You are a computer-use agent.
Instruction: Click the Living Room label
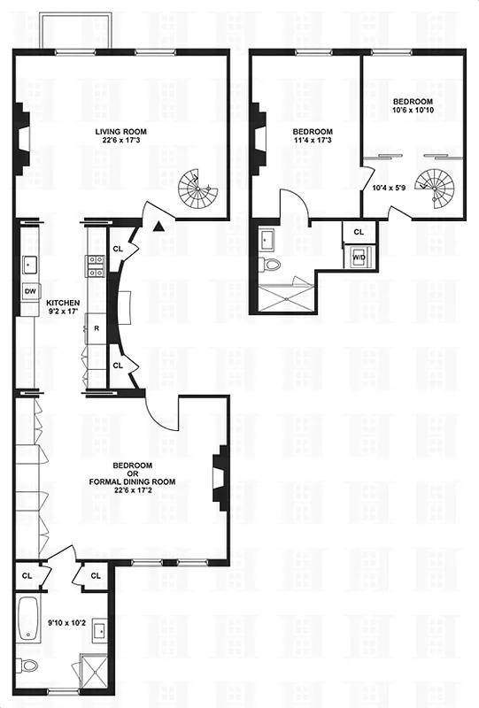coord(121,136)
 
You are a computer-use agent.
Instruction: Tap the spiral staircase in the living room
coord(197,188)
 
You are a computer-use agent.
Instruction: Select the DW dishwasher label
coord(28,291)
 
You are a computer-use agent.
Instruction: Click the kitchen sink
coord(29,263)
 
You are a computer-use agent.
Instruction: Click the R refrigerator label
coord(96,327)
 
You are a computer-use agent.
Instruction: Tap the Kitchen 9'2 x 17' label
coord(61,306)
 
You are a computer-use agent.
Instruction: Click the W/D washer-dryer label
coord(359,258)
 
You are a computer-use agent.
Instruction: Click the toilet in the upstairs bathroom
coord(273,263)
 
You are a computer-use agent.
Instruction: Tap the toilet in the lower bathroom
coord(28,666)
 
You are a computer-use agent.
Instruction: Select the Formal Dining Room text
coord(132,481)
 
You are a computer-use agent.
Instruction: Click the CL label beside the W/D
coord(359,231)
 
